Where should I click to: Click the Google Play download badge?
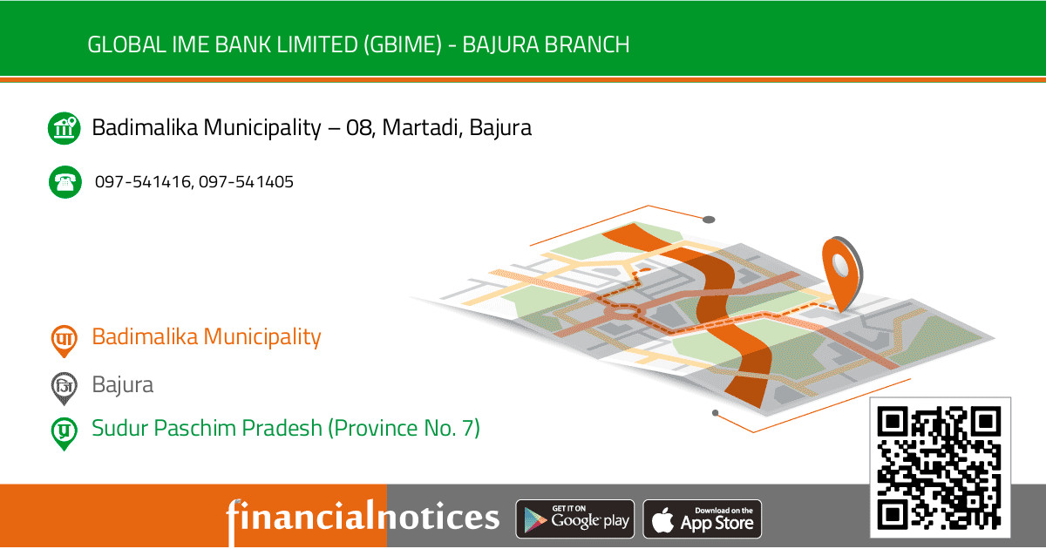tap(575, 519)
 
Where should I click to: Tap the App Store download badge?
tap(703, 519)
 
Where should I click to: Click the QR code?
tap(940, 468)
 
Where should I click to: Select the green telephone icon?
tap(64, 182)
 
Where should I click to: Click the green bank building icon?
tap(64, 128)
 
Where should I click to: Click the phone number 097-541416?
tap(143, 182)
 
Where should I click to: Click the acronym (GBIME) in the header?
tap(401, 44)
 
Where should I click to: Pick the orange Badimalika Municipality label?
tap(207, 336)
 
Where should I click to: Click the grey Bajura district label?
tap(123, 384)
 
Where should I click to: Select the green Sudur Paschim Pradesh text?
tap(286, 428)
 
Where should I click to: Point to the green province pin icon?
tap(64, 431)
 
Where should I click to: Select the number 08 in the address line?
tap(358, 128)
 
